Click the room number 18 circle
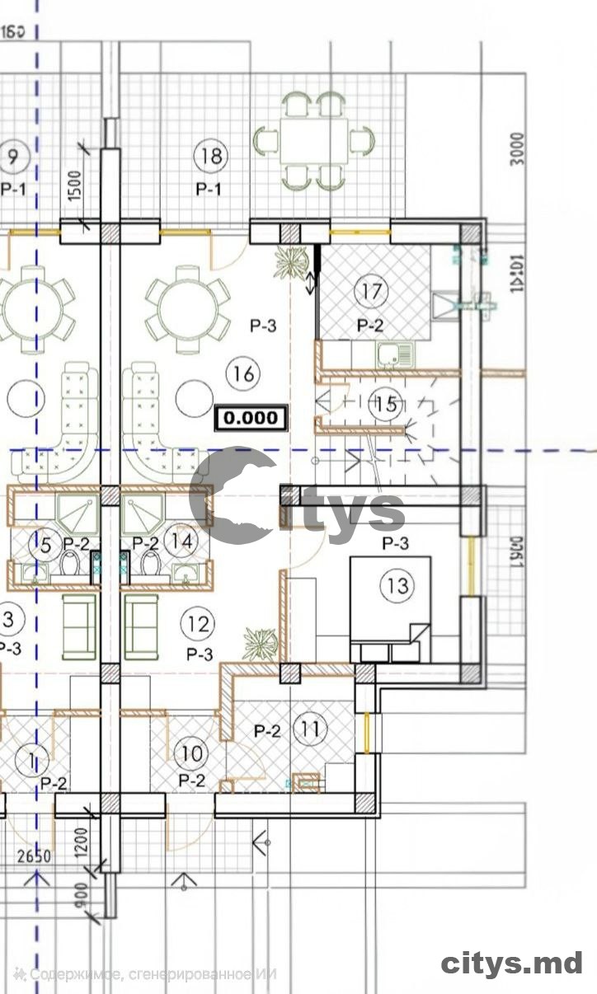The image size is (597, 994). [211, 155]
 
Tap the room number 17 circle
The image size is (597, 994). [371, 291]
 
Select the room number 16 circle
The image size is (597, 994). [243, 374]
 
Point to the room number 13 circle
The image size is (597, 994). [397, 586]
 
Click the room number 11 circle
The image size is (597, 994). [311, 729]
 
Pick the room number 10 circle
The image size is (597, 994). [191, 753]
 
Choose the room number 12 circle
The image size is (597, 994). [199, 624]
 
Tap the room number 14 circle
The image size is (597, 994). [181, 542]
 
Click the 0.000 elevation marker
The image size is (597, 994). [251, 418]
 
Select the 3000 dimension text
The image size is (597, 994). [517, 149]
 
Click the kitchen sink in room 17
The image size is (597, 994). [396, 355]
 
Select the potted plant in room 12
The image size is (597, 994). [261, 642]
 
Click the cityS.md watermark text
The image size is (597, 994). [512, 963]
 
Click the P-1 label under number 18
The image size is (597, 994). [209, 189]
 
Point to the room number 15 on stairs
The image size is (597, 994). [386, 405]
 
